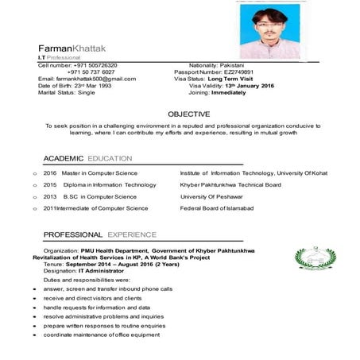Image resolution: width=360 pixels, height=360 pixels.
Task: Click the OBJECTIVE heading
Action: tap(189, 114)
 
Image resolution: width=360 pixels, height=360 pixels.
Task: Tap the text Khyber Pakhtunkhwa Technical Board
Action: tap(230, 184)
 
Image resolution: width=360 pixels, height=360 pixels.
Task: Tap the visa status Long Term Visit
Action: tap(235, 79)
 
